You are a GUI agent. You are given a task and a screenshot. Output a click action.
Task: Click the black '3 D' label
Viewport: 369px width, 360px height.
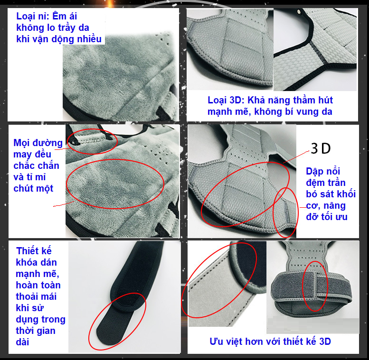point(321,148)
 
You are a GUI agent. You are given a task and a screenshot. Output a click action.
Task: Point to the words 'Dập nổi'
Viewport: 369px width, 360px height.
point(323,171)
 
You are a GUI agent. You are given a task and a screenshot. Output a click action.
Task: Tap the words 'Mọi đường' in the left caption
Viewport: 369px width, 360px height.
point(38,143)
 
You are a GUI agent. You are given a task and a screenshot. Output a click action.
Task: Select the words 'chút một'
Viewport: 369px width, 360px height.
point(33,188)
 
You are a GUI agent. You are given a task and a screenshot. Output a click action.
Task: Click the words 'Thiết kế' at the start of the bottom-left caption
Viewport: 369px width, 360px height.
point(34,251)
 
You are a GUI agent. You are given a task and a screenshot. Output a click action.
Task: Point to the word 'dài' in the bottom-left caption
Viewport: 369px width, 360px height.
point(22,342)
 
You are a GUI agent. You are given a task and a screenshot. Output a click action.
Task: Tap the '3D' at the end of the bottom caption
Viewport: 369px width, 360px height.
point(325,342)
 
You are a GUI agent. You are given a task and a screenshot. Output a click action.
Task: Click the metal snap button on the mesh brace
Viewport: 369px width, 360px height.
point(299,11)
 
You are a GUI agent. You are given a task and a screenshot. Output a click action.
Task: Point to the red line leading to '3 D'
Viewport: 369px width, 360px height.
point(296,157)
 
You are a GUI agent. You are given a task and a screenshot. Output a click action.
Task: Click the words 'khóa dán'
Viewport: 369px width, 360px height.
point(36,262)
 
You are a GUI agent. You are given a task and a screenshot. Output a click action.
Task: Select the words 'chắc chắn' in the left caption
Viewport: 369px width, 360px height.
point(36,166)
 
